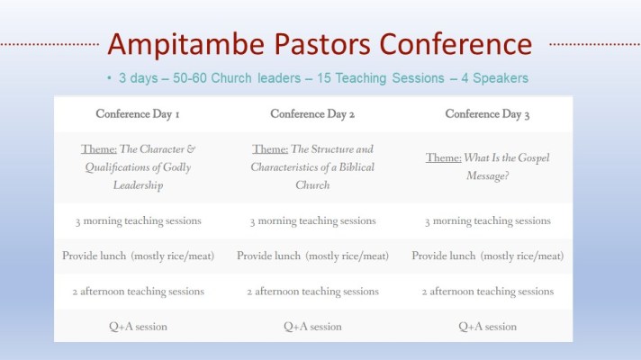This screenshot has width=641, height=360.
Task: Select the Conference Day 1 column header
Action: click(x=138, y=114)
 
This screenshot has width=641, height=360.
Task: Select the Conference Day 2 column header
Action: click(x=312, y=114)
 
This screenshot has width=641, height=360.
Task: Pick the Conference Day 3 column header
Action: click(x=487, y=114)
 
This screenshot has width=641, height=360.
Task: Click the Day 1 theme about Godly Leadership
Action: click(x=138, y=166)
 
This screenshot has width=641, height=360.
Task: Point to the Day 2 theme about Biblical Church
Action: click(x=312, y=166)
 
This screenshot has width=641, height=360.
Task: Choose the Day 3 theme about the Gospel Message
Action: click(x=487, y=166)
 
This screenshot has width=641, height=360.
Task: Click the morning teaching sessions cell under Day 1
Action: click(x=138, y=220)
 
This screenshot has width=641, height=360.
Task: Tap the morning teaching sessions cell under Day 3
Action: click(x=487, y=220)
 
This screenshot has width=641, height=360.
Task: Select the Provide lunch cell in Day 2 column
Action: click(x=312, y=256)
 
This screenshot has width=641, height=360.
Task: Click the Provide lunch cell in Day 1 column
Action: click(x=138, y=256)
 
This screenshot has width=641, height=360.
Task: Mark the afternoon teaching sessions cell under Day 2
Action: click(x=312, y=292)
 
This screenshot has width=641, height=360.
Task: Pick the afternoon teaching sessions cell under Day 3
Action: click(x=487, y=292)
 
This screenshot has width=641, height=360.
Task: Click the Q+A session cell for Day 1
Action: click(x=138, y=327)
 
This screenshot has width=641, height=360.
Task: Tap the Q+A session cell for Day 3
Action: click(x=487, y=327)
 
